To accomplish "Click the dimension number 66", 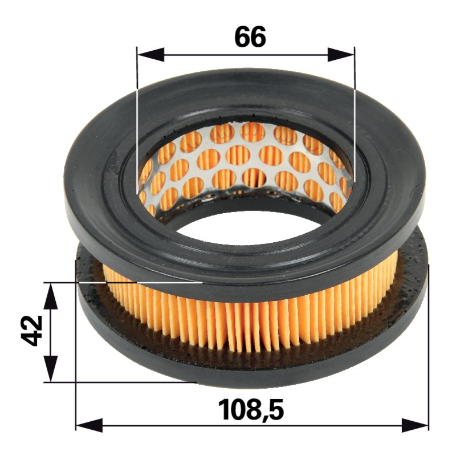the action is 250,36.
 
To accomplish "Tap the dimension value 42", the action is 32,331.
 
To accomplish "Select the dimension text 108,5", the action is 251,410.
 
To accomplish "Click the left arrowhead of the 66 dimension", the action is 150,54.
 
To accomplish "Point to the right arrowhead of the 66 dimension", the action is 341,54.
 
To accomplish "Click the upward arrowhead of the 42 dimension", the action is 51,296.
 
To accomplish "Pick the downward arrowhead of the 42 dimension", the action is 51,368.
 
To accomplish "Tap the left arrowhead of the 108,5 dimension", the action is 89,425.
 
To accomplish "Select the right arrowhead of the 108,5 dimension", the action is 415,425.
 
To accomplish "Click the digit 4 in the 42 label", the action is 32,339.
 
